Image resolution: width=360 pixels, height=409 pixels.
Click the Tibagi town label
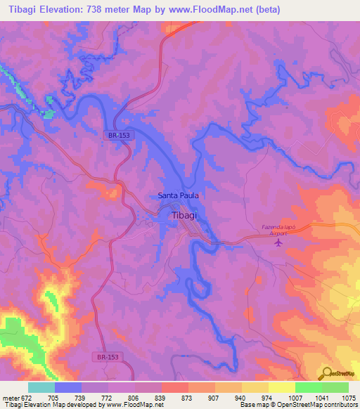point(184,216)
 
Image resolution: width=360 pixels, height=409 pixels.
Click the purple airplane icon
point(279,243)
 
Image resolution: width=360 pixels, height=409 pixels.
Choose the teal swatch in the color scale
point(41,387)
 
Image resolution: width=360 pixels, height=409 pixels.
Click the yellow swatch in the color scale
point(281,387)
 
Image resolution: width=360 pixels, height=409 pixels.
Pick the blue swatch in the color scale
point(68,387)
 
